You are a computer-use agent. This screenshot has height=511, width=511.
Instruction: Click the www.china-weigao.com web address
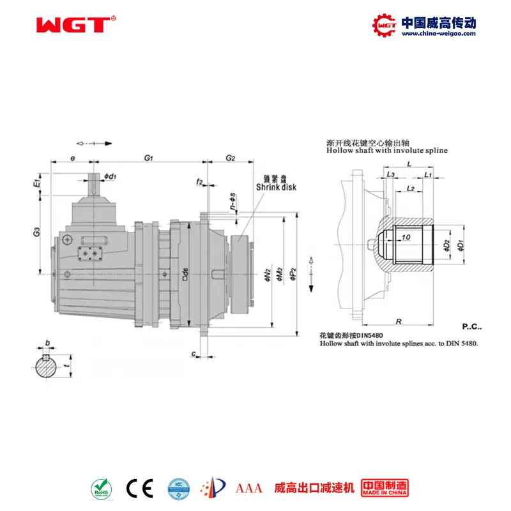pyautogui.click(x=438, y=34)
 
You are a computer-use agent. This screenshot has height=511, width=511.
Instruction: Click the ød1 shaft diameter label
pyautogui.click(x=110, y=176)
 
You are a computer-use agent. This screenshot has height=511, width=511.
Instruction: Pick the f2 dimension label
pyautogui.click(x=199, y=182)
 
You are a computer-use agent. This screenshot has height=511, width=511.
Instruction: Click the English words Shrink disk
pyautogui.click(x=276, y=187)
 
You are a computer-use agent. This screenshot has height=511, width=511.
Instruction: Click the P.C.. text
pyautogui.click(x=472, y=327)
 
